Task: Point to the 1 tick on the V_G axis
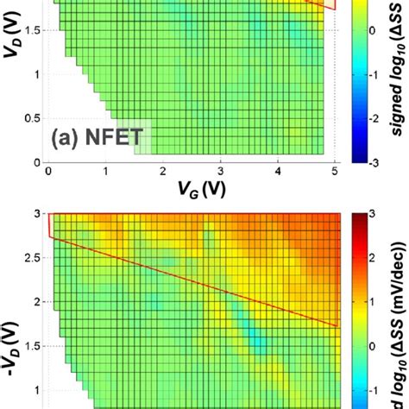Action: pyautogui.click(x=105, y=173)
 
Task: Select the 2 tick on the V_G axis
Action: pyautogui.click(x=163, y=173)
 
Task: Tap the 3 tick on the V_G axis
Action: pyautogui.click(x=221, y=173)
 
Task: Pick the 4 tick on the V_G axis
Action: pyautogui.click(x=279, y=173)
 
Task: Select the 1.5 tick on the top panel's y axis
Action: pyautogui.click(x=29, y=31)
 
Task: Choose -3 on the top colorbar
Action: pyautogui.click(x=374, y=160)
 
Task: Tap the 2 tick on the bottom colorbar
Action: pyautogui.click(x=373, y=256)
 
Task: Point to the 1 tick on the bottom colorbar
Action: pyautogui.click(x=373, y=300)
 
